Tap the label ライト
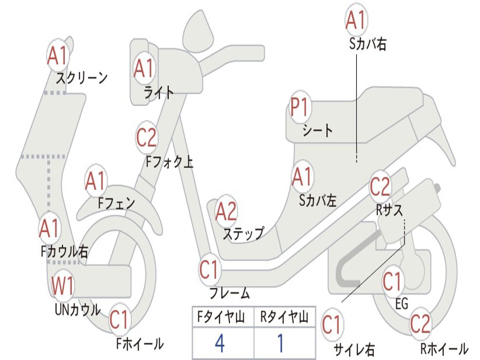159,92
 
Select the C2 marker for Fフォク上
146,138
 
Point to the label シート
317,130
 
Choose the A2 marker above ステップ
226,211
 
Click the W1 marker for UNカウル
63,286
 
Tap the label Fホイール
140,344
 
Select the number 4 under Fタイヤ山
220,344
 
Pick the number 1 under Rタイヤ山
280,344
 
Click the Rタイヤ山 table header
284,318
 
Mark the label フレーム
230,294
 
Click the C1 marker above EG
392,282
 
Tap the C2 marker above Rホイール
420,323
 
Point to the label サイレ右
354,349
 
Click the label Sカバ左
318,200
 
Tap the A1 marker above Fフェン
96,181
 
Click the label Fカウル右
64,252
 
